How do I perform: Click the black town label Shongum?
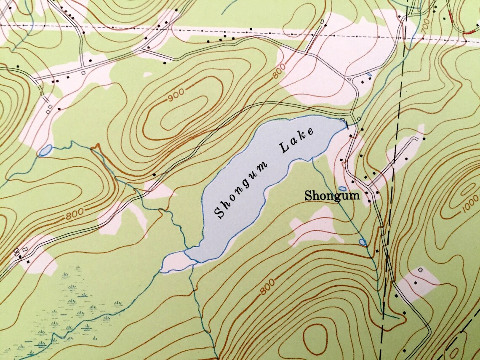click(332, 195)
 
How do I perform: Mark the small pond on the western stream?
click(45, 150)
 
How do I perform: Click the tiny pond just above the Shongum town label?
click(343, 188)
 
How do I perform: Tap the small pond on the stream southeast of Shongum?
click(362, 242)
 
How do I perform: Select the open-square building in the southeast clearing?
click(420, 269)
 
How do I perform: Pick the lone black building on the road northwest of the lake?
click(155, 174)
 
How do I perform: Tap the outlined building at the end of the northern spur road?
click(322, 21)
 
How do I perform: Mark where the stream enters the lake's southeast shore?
click(312, 159)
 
